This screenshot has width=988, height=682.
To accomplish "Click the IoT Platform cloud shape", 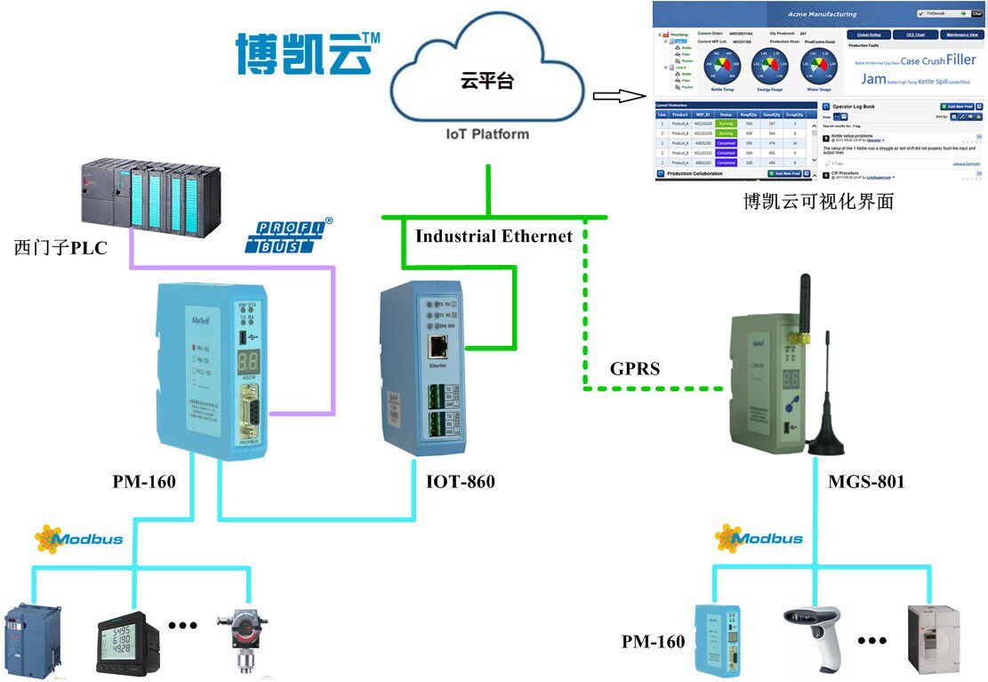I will tap(486, 85).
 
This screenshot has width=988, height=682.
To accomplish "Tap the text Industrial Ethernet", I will tap(494, 236).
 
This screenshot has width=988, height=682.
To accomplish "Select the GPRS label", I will tap(635, 368).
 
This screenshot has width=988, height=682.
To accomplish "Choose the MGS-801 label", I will tap(866, 482).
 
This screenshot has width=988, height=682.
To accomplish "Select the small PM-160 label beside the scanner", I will tap(653, 641).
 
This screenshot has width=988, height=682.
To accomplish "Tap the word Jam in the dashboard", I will tap(873, 78).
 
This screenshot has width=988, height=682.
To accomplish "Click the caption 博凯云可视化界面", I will tap(818, 202).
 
